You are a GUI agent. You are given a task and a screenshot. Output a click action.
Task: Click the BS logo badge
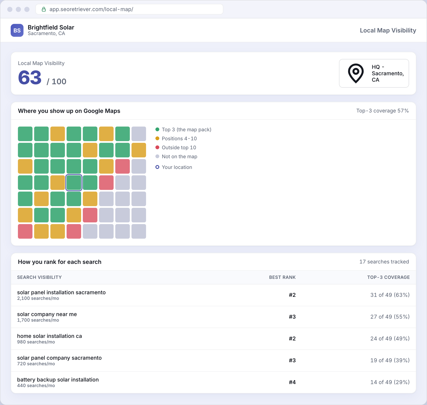coord(17,30)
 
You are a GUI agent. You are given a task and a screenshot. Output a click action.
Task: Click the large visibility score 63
coord(30,78)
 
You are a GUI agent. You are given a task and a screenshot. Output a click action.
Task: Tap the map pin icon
coord(356,73)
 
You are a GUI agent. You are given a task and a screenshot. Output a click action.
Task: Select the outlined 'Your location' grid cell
coord(74,183)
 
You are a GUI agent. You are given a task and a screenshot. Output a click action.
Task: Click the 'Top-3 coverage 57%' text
coord(382,111)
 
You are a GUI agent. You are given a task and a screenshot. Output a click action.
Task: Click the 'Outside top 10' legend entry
coord(176,148)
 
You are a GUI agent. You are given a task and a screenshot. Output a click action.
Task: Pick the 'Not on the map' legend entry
coord(176,157)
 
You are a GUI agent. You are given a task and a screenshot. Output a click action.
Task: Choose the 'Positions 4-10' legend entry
coord(176,138)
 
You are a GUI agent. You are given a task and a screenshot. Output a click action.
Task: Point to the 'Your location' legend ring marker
coord(157,167)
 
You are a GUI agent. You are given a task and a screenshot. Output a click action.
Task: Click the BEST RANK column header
coord(282,277)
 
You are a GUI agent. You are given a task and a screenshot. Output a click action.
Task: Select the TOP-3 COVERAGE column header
coord(388,277)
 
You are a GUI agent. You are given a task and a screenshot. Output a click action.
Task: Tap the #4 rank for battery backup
coord(292,382)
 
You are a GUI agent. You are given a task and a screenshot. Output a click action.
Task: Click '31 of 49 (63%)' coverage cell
coord(390,295)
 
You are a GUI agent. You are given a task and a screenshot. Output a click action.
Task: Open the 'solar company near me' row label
coord(47,314)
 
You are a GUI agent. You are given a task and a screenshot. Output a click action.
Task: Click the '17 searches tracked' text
coord(384,262)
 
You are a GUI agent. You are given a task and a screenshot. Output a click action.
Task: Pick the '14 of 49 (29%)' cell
coord(390,382)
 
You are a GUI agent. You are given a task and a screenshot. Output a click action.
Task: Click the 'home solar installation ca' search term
coord(49,336)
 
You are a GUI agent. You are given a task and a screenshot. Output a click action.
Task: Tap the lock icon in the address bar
coord(44,9)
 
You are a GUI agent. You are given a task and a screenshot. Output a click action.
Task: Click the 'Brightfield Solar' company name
coord(51,27)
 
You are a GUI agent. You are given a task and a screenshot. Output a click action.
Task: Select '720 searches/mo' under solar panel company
coord(36,364)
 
